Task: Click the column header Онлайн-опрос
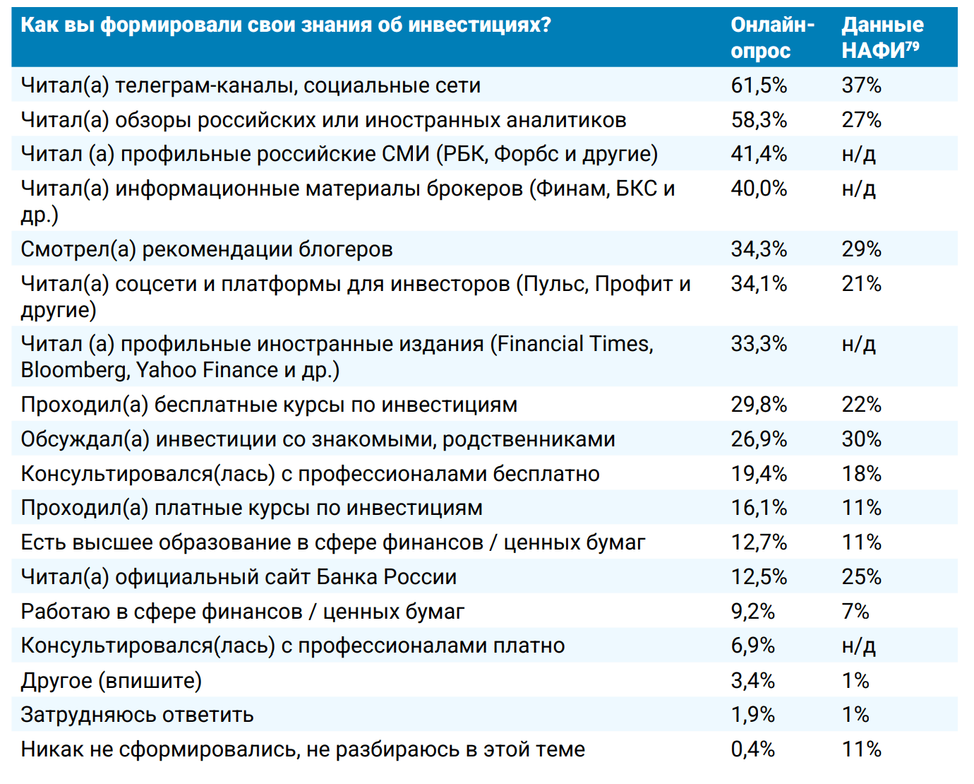[x=772, y=37]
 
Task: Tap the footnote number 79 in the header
[x=913, y=47]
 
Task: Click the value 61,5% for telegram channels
[x=759, y=85]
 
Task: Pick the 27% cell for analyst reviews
[x=861, y=120]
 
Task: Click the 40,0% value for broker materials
[x=759, y=189]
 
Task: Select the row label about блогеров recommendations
[x=206, y=249]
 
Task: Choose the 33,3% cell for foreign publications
[x=759, y=344]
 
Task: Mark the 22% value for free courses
[x=861, y=405]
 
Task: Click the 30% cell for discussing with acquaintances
[x=861, y=439]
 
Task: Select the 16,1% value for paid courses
[x=759, y=508]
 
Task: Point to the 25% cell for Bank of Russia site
[x=861, y=577]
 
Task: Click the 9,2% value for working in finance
[x=752, y=612]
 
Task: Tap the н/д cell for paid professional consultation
[x=858, y=646]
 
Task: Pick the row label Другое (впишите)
[x=111, y=681]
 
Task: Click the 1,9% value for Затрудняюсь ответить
[x=752, y=715]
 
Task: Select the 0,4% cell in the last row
[x=752, y=749]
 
